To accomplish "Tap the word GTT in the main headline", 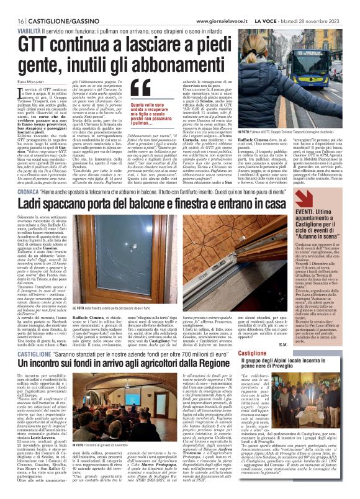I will pyautogui.click(x=33, y=44).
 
